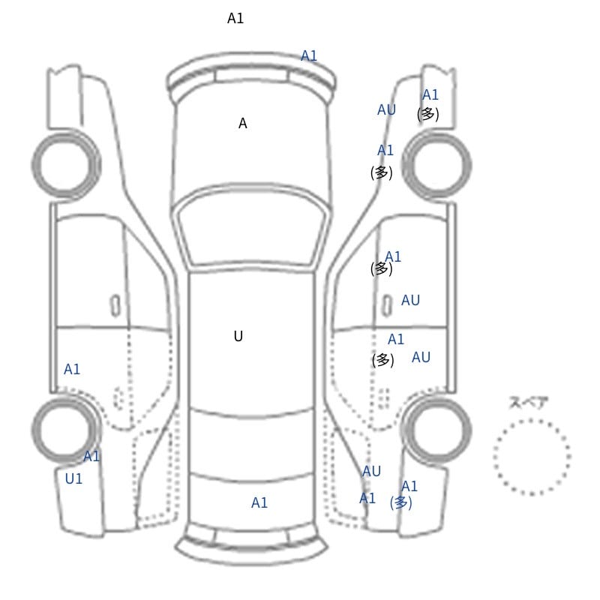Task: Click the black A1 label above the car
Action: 235,18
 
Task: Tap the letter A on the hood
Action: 242,124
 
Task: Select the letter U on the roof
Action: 238,336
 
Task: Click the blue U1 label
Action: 73,478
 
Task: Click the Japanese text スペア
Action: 523,403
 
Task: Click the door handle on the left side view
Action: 115,306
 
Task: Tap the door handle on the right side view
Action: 388,306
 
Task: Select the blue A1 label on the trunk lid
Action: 259,502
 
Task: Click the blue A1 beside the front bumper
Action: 309,55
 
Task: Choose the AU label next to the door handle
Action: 410,301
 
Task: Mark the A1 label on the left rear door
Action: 72,369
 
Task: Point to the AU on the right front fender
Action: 386,109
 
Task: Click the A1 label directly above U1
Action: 91,456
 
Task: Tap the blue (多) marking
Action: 400,502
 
